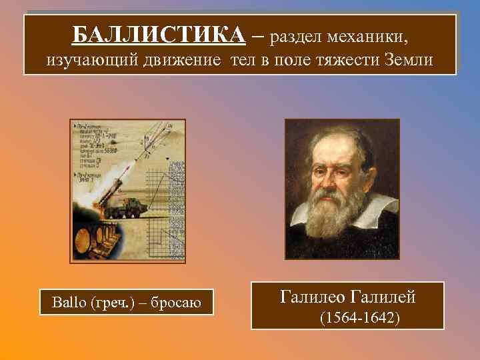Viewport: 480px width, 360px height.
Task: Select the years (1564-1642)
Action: point(360,319)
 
